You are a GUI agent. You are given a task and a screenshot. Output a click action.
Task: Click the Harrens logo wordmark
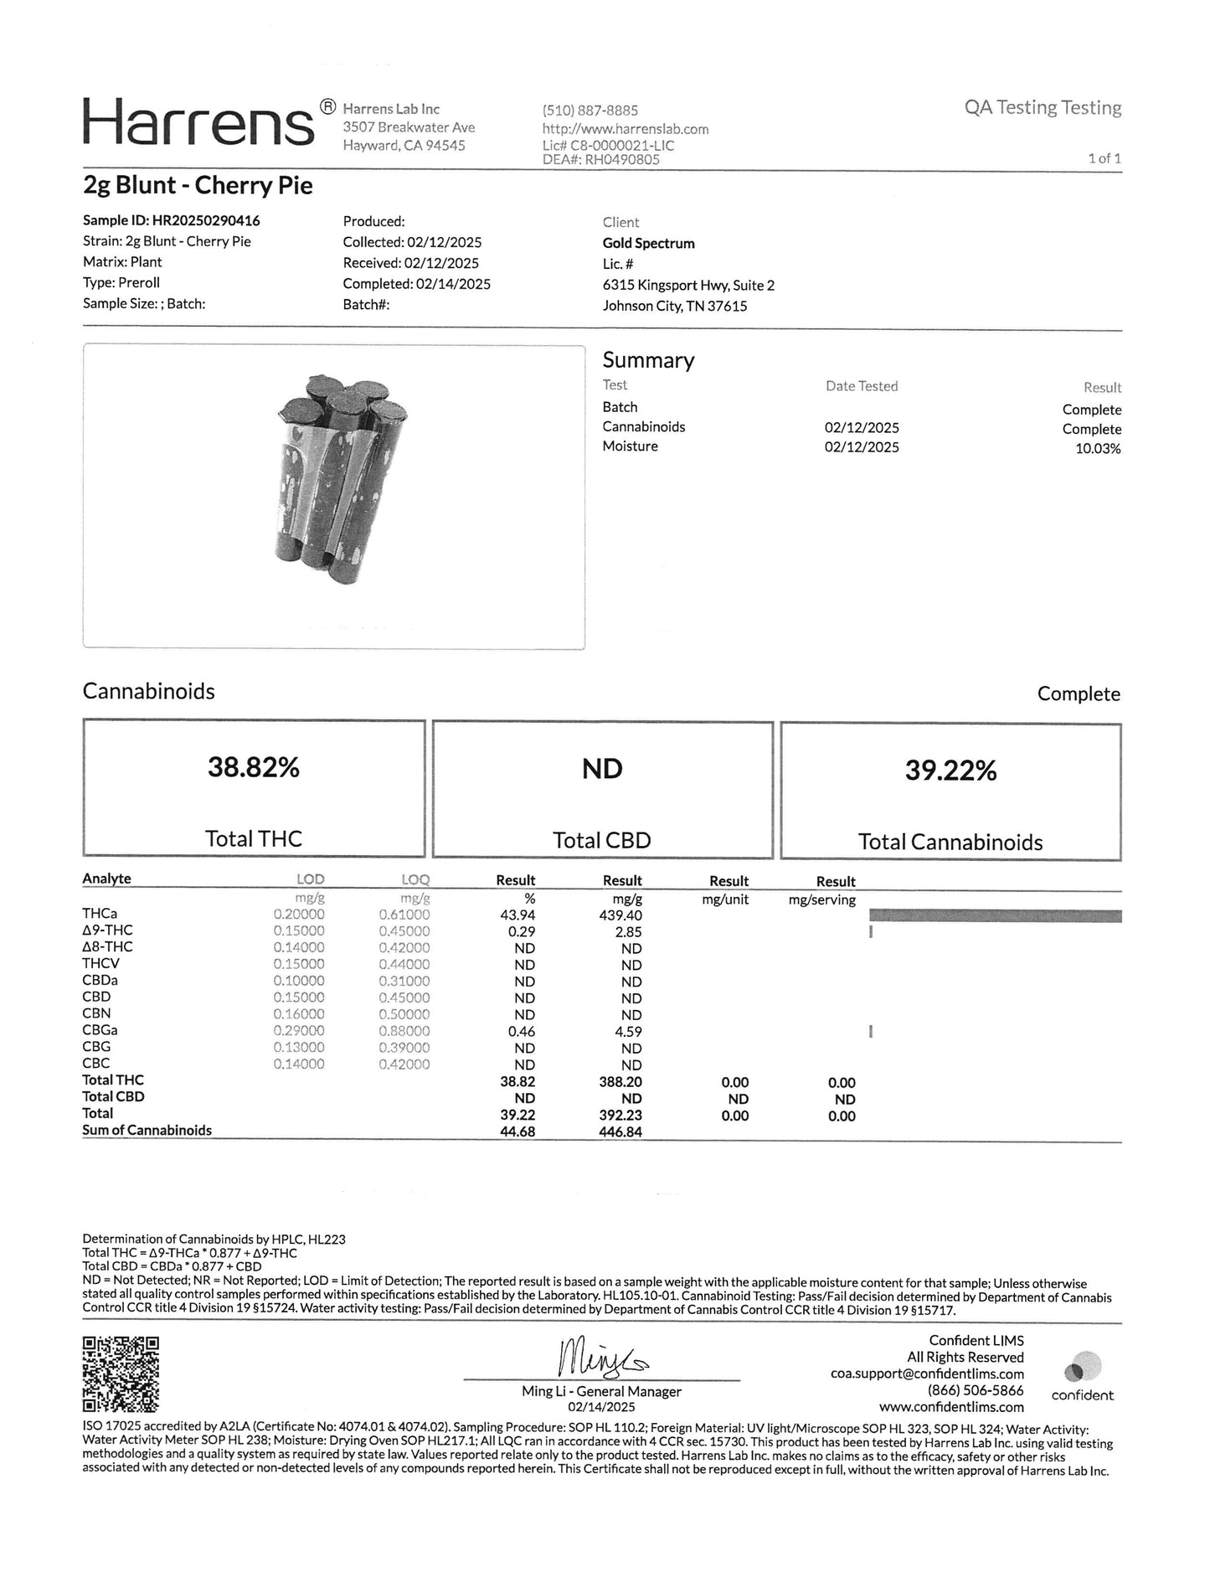[198, 124]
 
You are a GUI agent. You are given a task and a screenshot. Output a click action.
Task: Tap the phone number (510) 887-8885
[590, 111]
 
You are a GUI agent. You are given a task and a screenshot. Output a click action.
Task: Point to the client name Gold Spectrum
[648, 243]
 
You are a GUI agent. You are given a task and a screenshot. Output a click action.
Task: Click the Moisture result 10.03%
[1097, 449]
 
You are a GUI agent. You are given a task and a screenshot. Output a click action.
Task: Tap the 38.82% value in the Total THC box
[253, 767]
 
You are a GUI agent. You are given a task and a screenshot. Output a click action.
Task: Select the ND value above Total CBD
[602, 769]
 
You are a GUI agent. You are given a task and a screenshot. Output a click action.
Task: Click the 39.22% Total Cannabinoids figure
[950, 771]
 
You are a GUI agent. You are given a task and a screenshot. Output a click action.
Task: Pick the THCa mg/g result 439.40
[621, 915]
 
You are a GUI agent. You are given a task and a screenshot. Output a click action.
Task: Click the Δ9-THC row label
[107, 930]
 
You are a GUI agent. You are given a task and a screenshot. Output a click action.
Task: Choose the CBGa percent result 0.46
[522, 1032]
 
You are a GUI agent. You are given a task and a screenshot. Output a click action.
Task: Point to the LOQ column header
[414, 880]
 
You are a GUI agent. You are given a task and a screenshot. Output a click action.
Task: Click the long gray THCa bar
[995, 916]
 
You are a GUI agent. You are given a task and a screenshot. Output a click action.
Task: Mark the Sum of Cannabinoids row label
[147, 1131]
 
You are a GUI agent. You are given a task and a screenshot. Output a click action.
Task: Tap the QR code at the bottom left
[121, 1375]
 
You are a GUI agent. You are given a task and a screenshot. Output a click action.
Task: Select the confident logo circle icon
[1083, 1368]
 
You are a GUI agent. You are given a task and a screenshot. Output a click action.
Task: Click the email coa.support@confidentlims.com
[927, 1374]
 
